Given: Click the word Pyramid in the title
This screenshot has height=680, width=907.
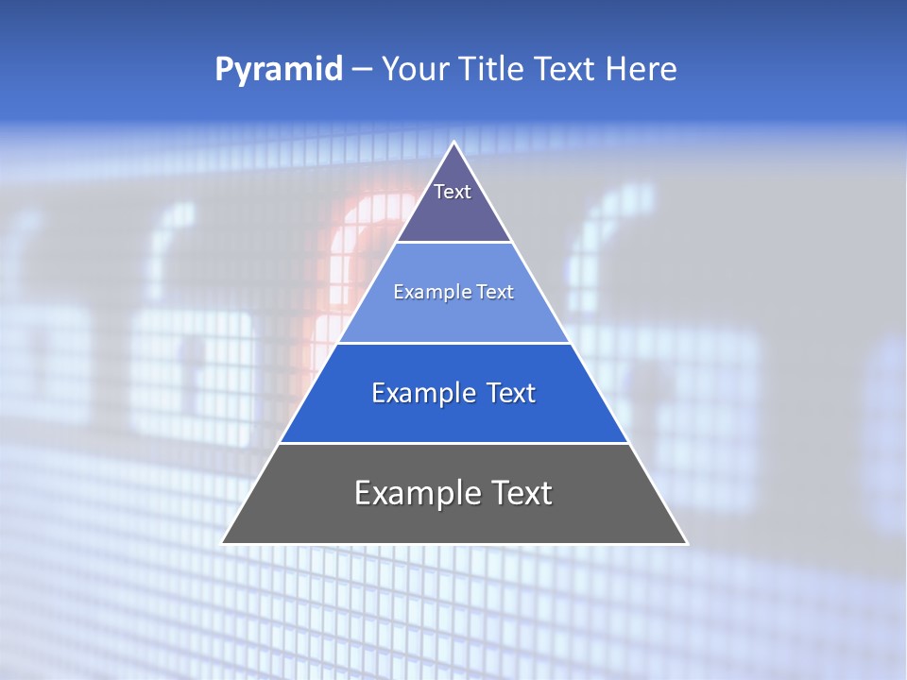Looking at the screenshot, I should coord(279,70).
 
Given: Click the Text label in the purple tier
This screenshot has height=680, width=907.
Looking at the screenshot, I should coord(453,192).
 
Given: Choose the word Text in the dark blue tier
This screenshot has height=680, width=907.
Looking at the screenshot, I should coord(510,393).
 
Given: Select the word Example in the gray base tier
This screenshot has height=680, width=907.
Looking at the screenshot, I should coord(417,493).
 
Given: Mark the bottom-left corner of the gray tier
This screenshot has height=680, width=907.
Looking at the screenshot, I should coord(223,543).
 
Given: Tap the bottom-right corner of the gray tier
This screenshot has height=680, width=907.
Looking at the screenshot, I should coord(686,543).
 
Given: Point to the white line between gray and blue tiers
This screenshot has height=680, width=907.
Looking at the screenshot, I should coord(453,443).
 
